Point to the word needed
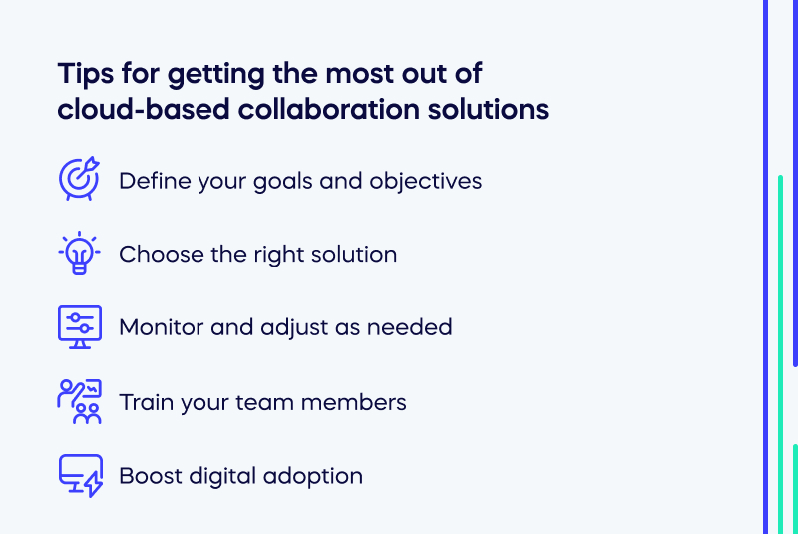click(x=412, y=327)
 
